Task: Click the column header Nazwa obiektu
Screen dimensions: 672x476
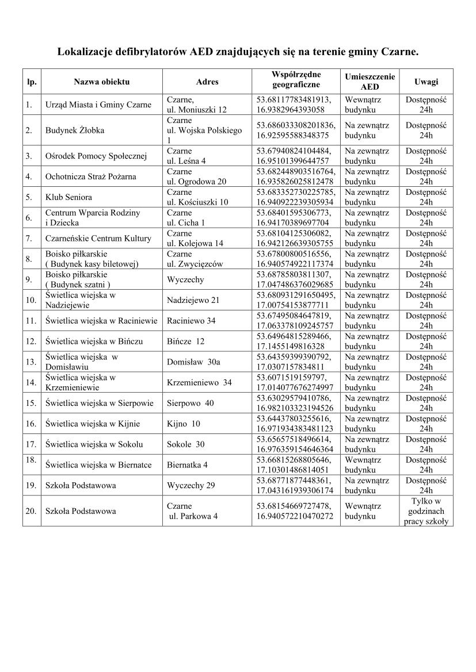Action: pyautogui.click(x=102, y=82)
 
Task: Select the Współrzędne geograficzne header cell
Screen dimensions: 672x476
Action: pyautogui.click(x=296, y=79)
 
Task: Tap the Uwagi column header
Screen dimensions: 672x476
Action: pyautogui.click(x=426, y=82)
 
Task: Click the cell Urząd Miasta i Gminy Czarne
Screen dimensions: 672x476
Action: pyautogui.click(x=98, y=105)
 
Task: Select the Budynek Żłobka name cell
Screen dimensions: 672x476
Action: pyautogui.click(x=75, y=130)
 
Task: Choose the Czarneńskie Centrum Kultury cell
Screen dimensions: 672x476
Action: pyautogui.click(x=98, y=238)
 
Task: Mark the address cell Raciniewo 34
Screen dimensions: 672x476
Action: pyautogui.click(x=191, y=321)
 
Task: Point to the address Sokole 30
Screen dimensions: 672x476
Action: pyautogui.click(x=185, y=444)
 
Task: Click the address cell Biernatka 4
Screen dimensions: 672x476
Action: pyautogui.click(x=188, y=465)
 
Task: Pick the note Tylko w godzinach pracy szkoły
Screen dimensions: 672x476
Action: pyautogui.click(x=426, y=511)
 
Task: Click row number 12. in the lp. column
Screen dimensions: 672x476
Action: pyautogui.click(x=31, y=341)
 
